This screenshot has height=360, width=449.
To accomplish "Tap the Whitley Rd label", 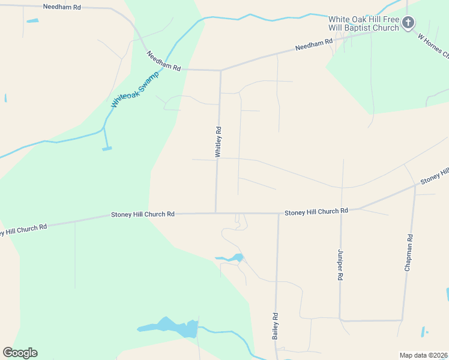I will click(x=218, y=142).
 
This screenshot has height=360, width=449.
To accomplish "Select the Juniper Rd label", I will click(x=340, y=265).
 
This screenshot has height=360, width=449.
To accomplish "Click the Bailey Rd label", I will click(x=276, y=326).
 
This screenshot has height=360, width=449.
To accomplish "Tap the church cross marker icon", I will click(x=408, y=23).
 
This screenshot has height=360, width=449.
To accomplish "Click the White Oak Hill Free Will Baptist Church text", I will click(x=364, y=23).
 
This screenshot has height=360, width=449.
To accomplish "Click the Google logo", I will click(x=20, y=353).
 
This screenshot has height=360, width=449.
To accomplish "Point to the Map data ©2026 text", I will click(x=423, y=355).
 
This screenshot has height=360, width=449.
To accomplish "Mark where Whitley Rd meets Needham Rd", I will click(x=220, y=70).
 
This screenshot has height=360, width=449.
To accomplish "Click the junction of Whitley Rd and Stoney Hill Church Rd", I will click(x=216, y=213).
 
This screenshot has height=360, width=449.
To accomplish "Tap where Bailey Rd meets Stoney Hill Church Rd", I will click(x=279, y=214).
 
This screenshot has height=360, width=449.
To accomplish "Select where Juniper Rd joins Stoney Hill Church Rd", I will click(x=342, y=210).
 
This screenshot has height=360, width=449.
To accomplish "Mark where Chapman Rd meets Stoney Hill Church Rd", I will click(x=415, y=185).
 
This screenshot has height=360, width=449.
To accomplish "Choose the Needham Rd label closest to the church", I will click(x=313, y=46).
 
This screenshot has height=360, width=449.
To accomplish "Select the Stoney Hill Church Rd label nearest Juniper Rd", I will click(x=316, y=212).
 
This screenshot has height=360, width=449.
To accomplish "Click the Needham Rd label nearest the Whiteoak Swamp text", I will click(x=164, y=62).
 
